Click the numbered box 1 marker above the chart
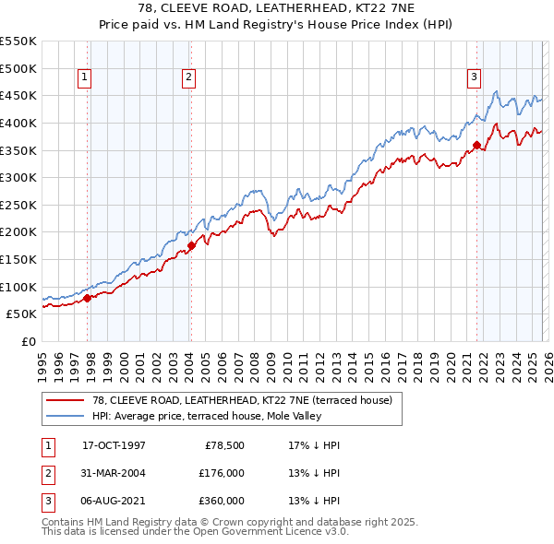point(84,78)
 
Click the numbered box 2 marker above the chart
point(187,78)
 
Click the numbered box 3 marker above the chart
point(474,78)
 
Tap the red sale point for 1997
point(88,298)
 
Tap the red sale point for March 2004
point(191,245)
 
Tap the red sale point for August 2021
point(477,145)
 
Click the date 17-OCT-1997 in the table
point(114,445)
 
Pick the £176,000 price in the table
point(223,473)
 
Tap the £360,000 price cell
point(223,501)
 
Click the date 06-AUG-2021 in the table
point(114,501)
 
